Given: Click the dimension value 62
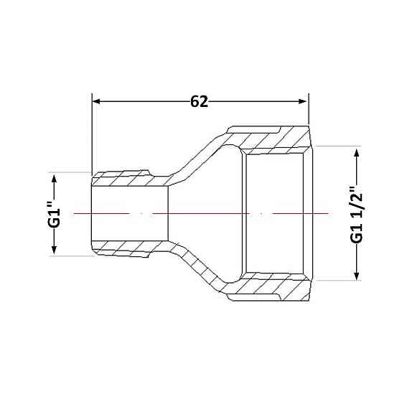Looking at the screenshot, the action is click(x=199, y=102).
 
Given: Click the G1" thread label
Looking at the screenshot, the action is click(x=55, y=215).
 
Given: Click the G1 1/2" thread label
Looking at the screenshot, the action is click(x=357, y=215).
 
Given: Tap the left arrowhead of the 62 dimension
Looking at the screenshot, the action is click(x=96, y=101).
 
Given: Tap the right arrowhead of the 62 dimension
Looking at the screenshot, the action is click(x=303, y=101).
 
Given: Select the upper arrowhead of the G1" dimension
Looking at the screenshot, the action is click(x=54, y=179).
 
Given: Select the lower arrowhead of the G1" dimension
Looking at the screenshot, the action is click(x=54, y=250).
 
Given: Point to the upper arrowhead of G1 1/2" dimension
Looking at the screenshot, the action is click(x=356, y=153).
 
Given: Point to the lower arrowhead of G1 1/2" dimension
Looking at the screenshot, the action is click(x=356, y=276).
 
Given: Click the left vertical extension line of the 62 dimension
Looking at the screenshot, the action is click(x=92, y=134).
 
